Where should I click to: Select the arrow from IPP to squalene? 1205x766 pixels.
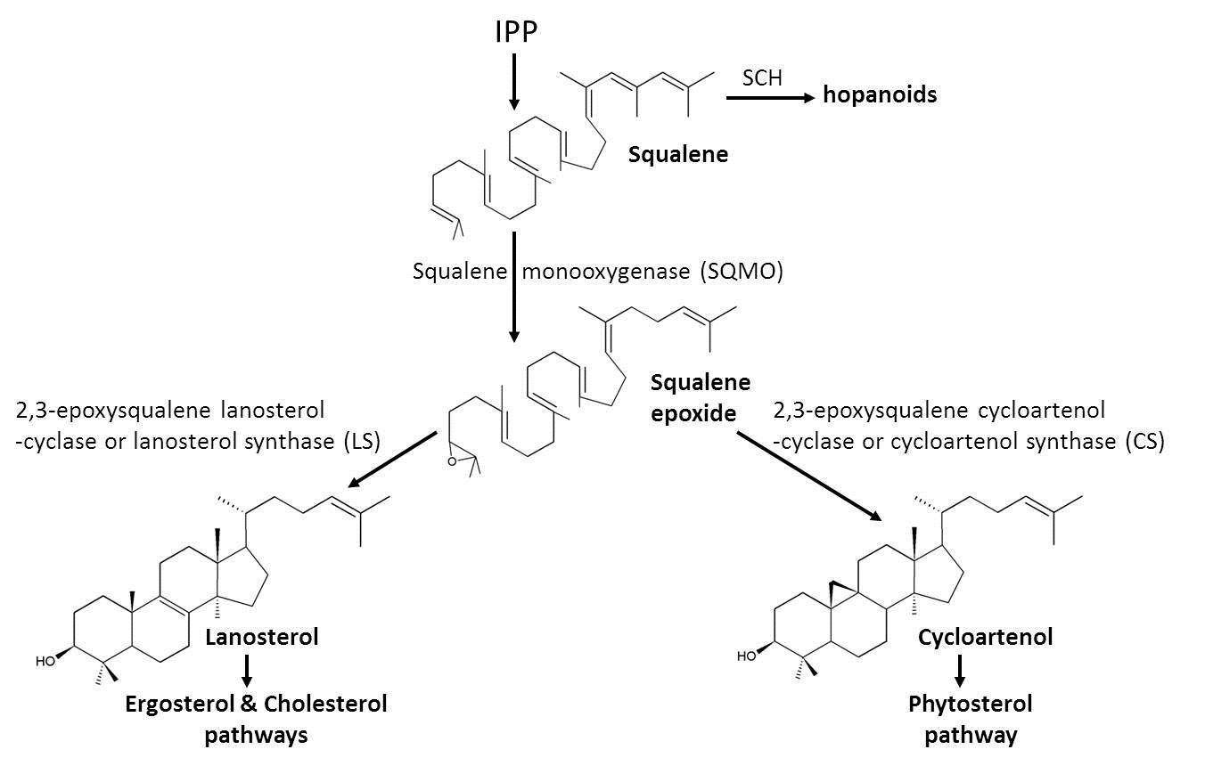[x=514, y=82]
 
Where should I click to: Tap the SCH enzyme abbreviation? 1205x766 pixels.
[x=762, y=77]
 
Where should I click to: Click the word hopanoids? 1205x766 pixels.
[x=879, y=94]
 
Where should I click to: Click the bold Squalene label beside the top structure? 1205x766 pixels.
[x=677, y=154]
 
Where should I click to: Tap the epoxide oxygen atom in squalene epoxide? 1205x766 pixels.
[x=453, y=461]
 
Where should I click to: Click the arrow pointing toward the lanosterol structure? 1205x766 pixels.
[x=391, y=460]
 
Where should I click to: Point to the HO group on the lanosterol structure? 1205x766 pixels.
[x=45, y=661]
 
